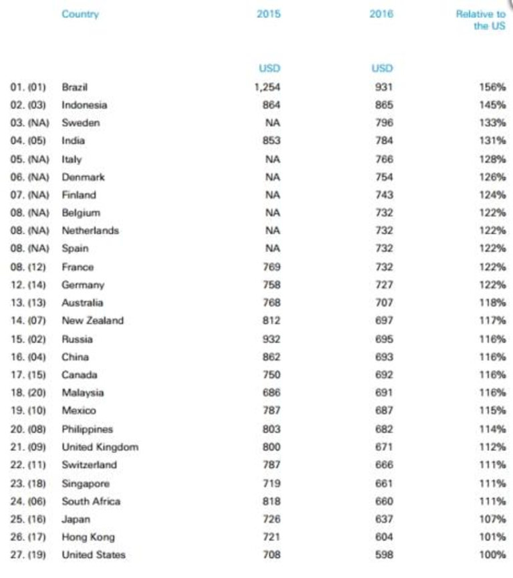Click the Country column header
[x=80, y=14]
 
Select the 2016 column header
[x=381, y=14]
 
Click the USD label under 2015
[x=269, y=68]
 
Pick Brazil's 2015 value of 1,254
[x=267, y=87]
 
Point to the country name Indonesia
[x=84, y=105]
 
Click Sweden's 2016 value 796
[x=384, y=123]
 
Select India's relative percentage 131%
[x=492, y=141]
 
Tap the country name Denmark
[x=83, y=177]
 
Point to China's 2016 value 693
[x=384, y=357]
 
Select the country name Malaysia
[x=83, y=393]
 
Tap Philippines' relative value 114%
[x=492, y=429]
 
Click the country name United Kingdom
[x=100, y=447]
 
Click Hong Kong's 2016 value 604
[x=384, y=537]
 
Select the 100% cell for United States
[x=492, y=555]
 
